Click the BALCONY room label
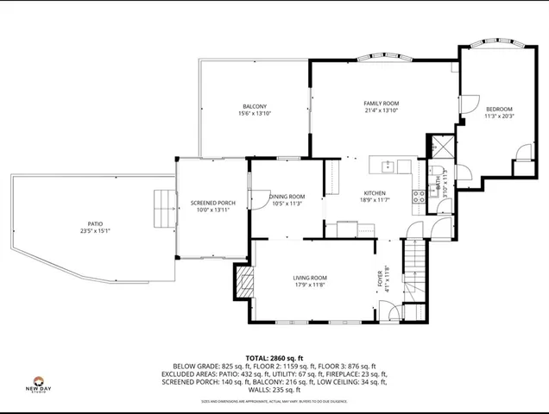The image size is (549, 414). pos(254,107)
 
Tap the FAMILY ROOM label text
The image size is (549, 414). pos(381,103)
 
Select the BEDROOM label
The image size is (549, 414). pos(499,109)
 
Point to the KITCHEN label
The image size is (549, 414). pos(375,193)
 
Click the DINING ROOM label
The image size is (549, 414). pos(287,197)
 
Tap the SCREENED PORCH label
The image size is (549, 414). pos(212,204)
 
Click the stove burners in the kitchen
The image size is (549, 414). pos(420,196)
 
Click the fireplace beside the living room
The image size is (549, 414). pos(243,281)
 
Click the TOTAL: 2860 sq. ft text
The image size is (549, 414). pos(274,357)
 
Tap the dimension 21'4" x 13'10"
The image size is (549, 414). pos(381,111)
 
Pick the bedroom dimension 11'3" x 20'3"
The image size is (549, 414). pos(499,116)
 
